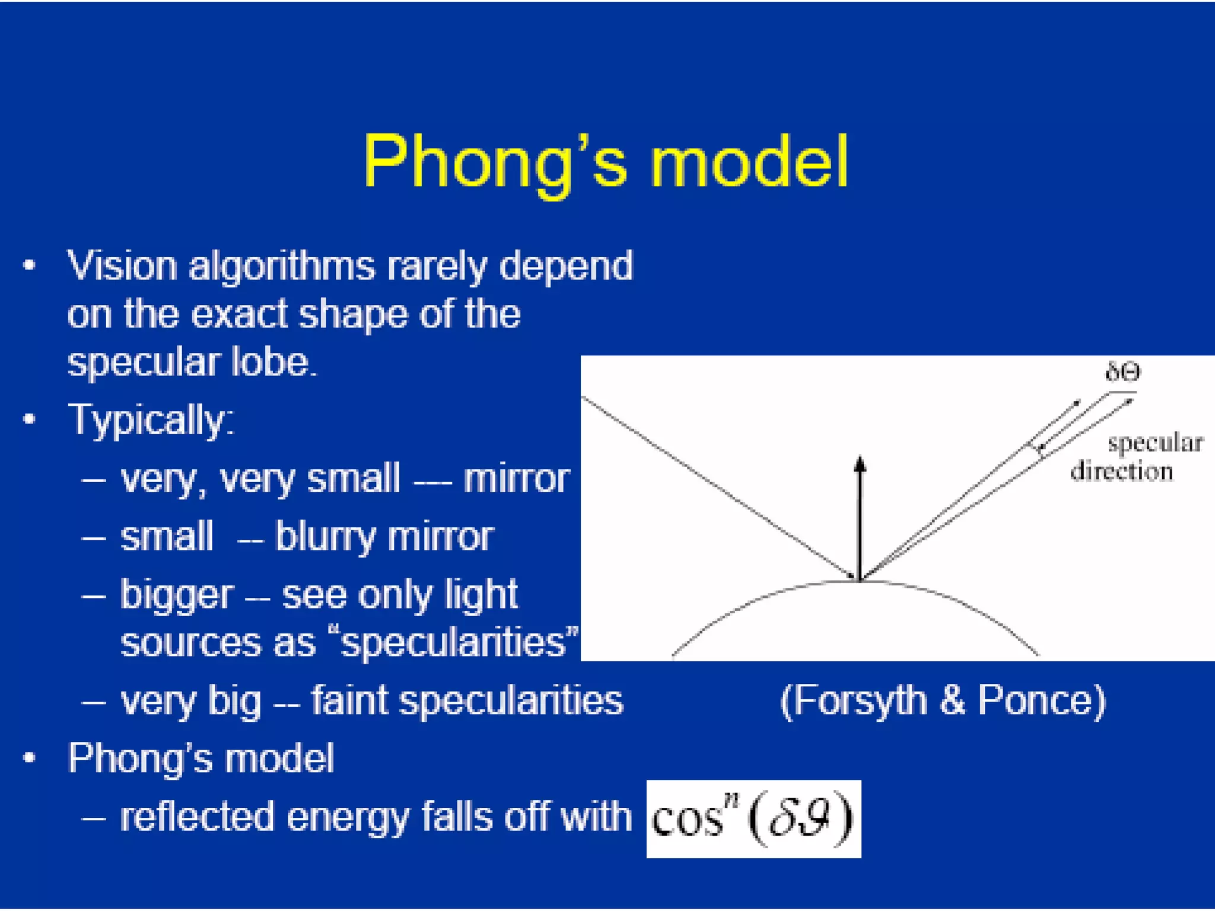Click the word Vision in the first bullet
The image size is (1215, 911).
[x=122, y=265]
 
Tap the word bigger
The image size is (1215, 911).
[x=177, y=595]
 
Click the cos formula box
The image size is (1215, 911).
[x=753, y=818]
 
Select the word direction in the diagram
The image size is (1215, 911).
[x=1121, y=472]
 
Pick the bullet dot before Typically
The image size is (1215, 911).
[x=29, y=420]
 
